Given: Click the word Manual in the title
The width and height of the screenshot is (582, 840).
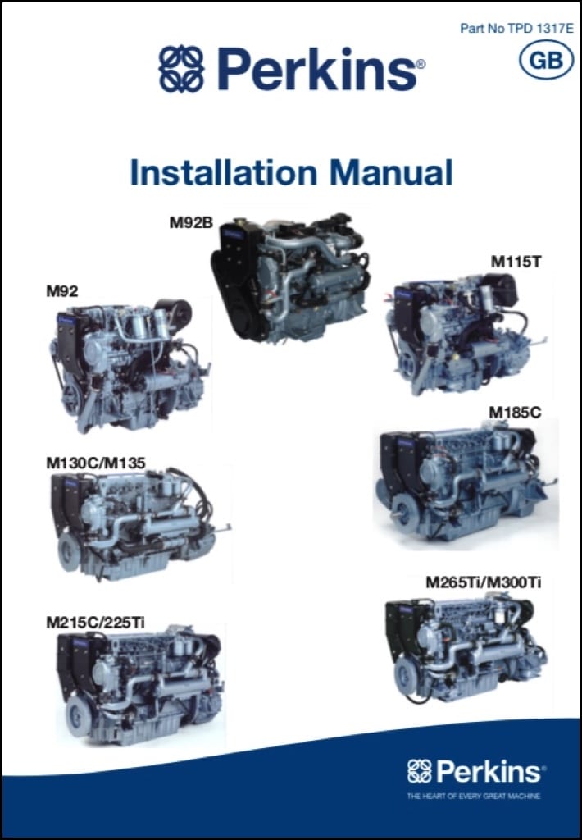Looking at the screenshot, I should [x=390, y=173].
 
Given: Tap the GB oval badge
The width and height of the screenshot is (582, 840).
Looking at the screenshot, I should [x=545, y=60].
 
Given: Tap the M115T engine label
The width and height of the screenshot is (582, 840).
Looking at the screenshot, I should [x=516, y=262].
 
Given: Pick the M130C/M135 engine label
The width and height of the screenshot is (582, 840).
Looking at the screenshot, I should [x=96, y=463].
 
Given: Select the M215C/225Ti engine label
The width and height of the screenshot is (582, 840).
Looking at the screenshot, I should [x=96, y=623].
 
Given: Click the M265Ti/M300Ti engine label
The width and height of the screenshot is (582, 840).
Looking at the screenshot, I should [x=483, y=582].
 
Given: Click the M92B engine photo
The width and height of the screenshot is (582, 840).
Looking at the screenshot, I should [x=287, y=278].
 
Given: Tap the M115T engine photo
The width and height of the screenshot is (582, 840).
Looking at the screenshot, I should [x=456, y=337].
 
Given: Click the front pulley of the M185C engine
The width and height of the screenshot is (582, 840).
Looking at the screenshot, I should [x=401, y=514].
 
